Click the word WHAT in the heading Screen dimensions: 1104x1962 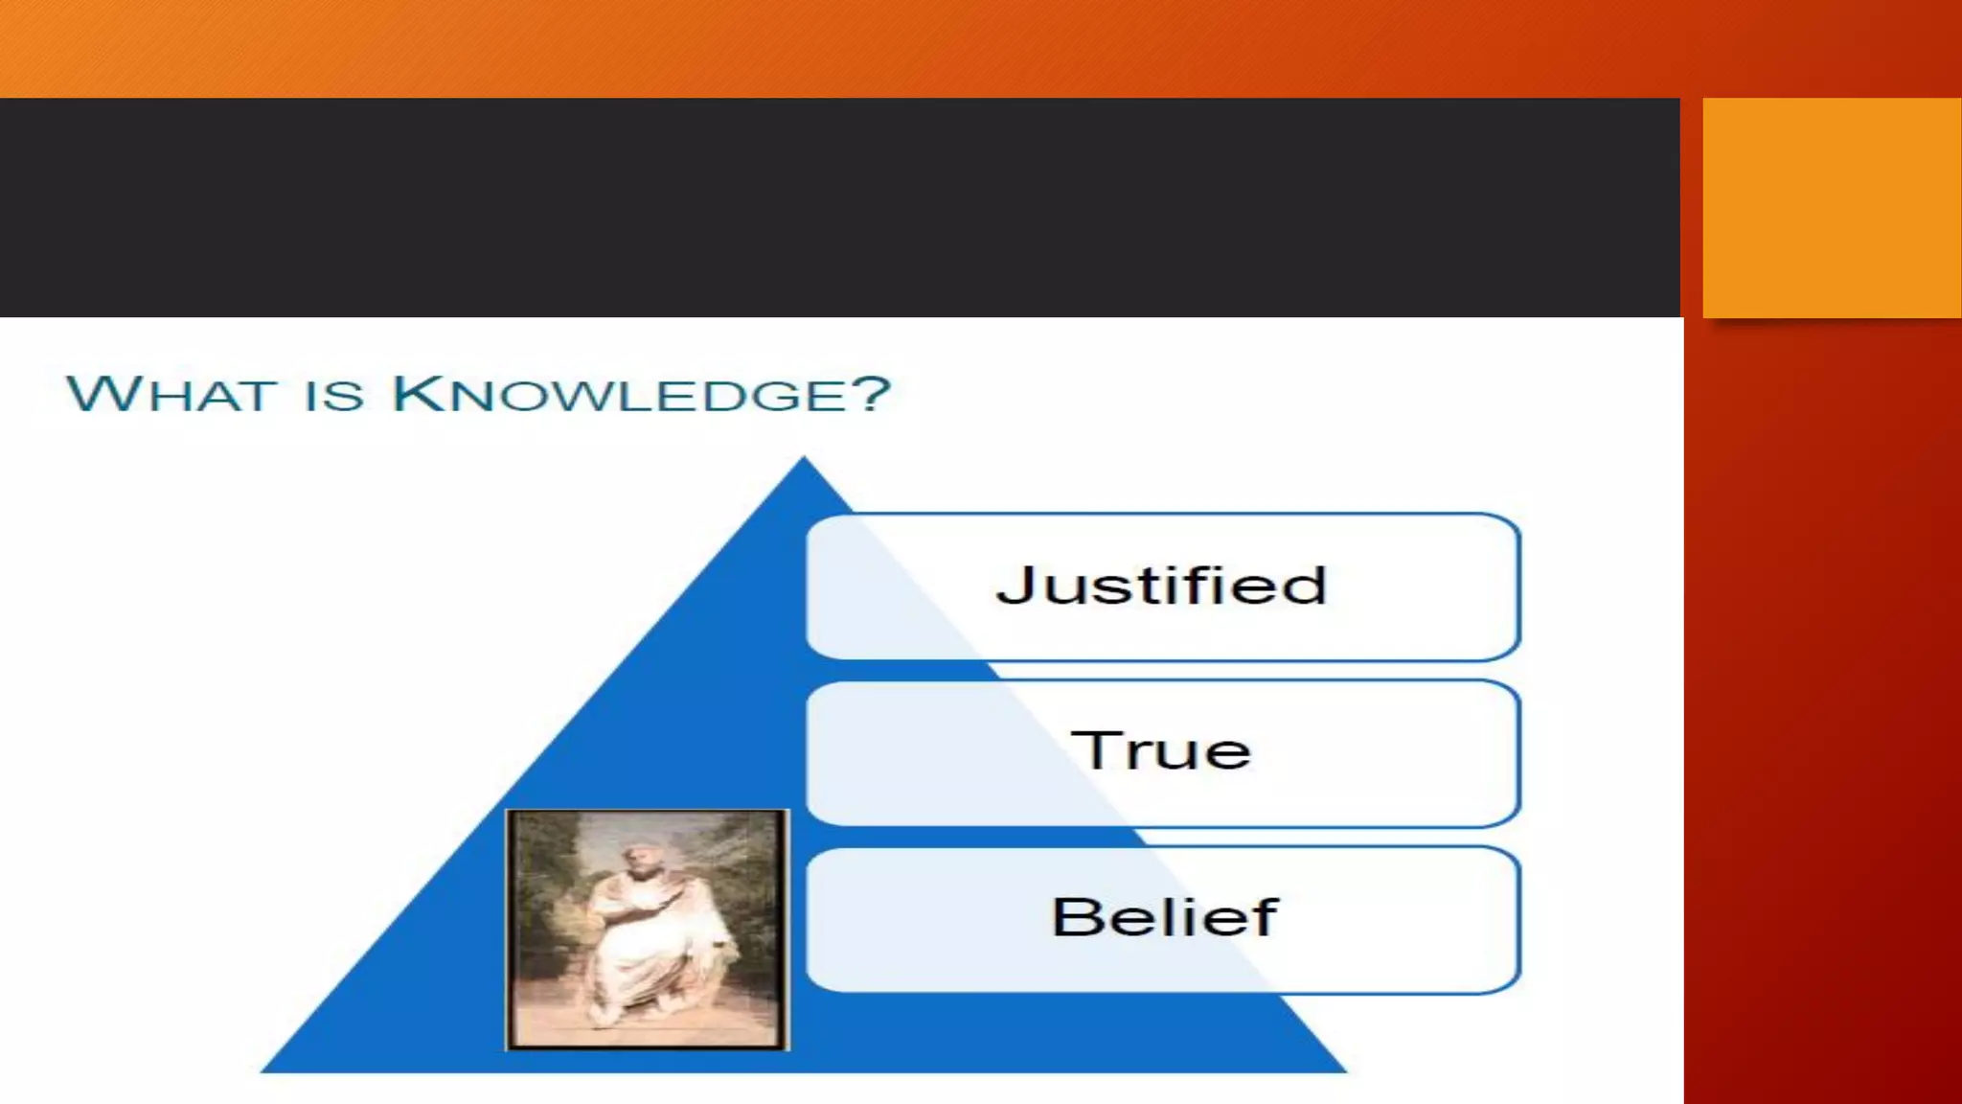pos(171,394)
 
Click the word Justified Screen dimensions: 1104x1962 pos(1162,586)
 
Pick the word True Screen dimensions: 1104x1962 pos(1161,749)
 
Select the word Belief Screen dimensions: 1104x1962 pos(1165,917)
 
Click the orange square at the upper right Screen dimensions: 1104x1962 pos(1831,207)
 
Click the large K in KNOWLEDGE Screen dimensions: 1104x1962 pos(420,393)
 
